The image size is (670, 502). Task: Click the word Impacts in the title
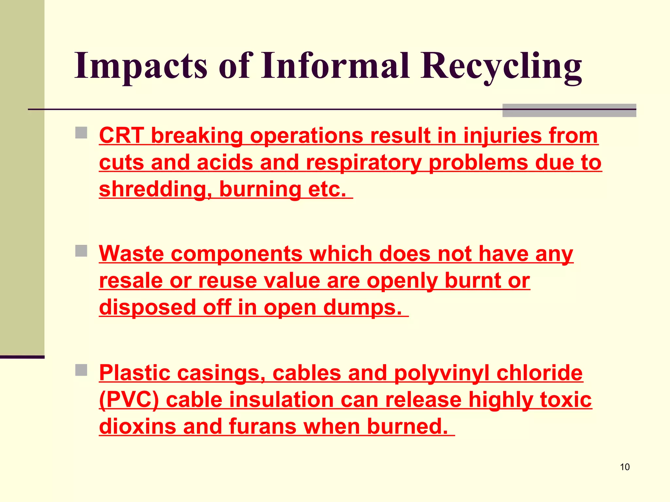click(x=141, y=66)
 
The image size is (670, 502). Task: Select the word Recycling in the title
click(x=501, y=66)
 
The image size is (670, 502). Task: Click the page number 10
click(x=625, y=467)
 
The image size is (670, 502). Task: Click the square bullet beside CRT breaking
click(x=81, y=133)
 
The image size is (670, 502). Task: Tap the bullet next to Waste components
click(x=81, y=251)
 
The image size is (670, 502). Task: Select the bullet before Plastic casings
click(x=81, y=370)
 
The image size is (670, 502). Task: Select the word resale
click(x=131, y=281)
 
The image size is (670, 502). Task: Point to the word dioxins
click(x=137, y=427)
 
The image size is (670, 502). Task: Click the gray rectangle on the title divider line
click(x=569, y=110)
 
